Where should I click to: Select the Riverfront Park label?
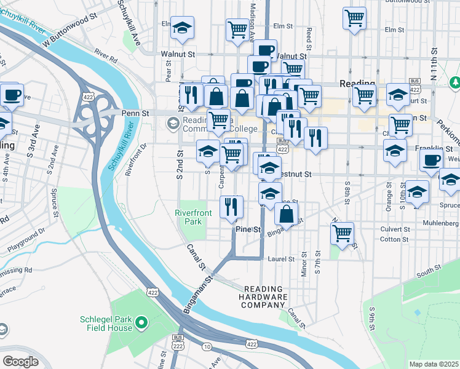(192, 217)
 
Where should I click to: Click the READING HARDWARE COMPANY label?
(264, 297)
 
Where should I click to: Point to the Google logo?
(20, 362)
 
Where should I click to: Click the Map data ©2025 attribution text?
(434, 364)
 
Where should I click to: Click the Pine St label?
(249, 229)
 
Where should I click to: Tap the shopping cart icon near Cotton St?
(342, 232)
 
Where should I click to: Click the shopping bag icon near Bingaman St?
(286, 213)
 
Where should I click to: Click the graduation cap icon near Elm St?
(181, 27)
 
